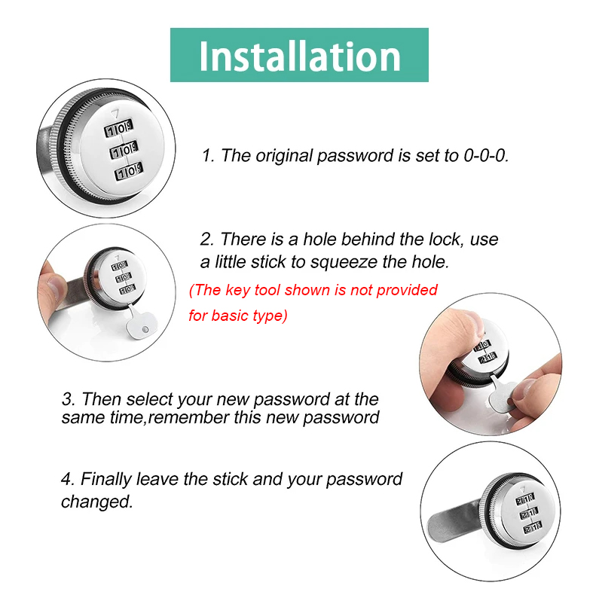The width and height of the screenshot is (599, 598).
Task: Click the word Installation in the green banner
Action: (x=299, y=56)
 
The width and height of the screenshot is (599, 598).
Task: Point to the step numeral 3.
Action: (x=67, y=398)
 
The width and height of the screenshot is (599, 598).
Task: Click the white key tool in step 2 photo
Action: (x=138, y=324)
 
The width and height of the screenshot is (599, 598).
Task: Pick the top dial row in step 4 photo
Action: (x=524, y=499)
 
